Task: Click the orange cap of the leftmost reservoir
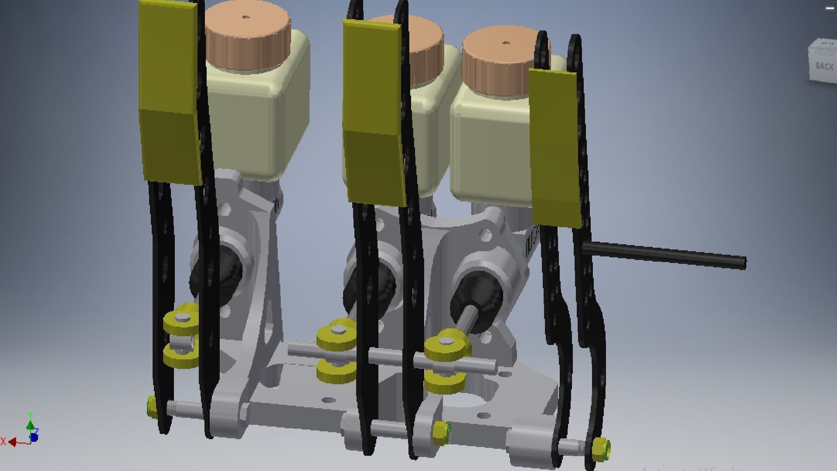[248, 37]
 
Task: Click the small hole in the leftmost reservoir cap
[245, 18]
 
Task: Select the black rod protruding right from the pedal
[663, 255]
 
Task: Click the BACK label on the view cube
[824, 66]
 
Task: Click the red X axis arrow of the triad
[13, 442]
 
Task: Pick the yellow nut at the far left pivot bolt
[152, 406]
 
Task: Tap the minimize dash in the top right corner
[829, 8]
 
